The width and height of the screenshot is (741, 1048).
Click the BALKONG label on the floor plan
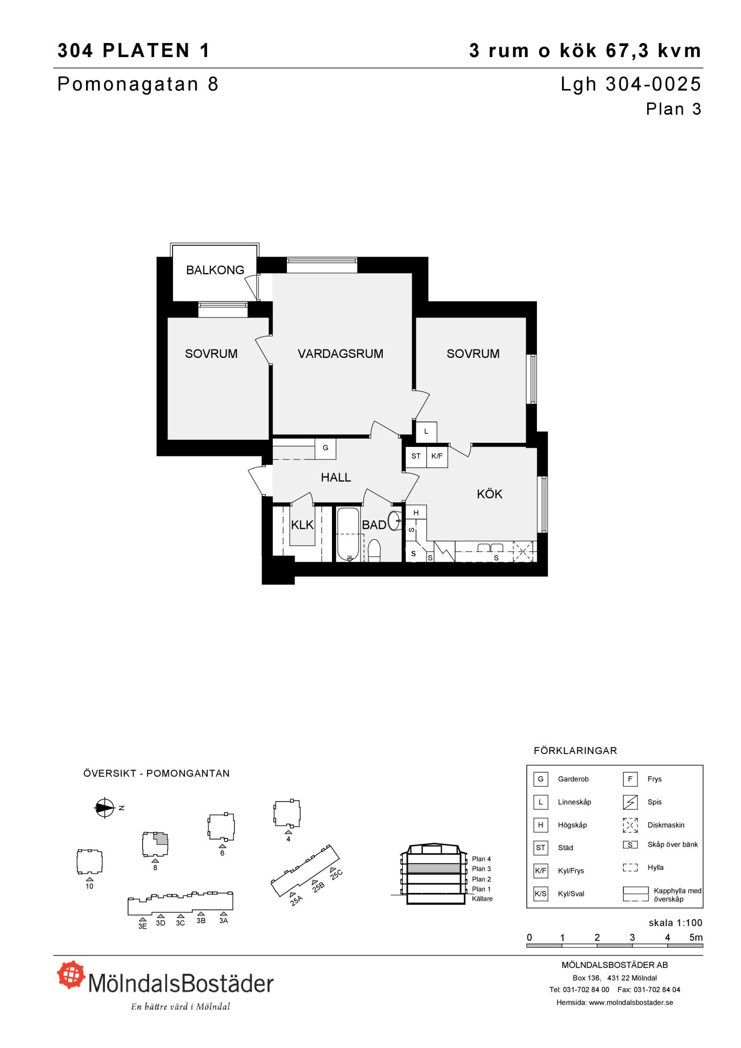pyautogui.click(x=215, y=270)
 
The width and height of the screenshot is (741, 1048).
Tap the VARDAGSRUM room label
pyautogui.click(x=340, y=354)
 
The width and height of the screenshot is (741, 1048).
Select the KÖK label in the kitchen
pyautogui.click(x=490, y=494)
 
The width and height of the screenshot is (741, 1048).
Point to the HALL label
pyautogui.click(x=336, y=477)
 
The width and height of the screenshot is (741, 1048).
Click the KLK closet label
pyautogui.click(x=302, y=525)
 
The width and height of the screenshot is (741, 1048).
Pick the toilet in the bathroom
pyautogui.click(x=374, y=551)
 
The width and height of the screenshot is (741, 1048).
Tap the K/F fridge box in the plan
pyautogui.click(x=437, y=456)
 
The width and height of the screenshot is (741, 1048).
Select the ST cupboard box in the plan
pyautogui.click(x=416, y=456)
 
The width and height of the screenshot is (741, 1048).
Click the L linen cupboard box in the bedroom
pyautogui.click(x=426, y=432)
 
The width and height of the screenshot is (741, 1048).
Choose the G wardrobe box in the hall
pyautogui.click(x=325, y=448)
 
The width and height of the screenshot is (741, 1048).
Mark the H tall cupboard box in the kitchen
pyautogui.click(x=416, y=513)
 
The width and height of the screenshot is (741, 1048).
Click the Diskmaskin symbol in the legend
pyautogui.click(x=630, y=825)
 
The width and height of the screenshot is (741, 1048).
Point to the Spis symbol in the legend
pyautogui.click(x=630, y=802)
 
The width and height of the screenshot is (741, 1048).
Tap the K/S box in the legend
pyautogui.click(x=540, y=894)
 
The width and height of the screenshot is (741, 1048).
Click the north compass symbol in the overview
pyautogui.click(x=104, y=808)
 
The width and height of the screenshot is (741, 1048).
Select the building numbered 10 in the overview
pyautogui.click(x=89, y=862)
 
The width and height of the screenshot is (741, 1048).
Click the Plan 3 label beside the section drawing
pyautogui.click(x=481, y=869)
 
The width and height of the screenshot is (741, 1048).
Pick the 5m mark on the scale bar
pyautogui.click(x=696, y=938)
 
